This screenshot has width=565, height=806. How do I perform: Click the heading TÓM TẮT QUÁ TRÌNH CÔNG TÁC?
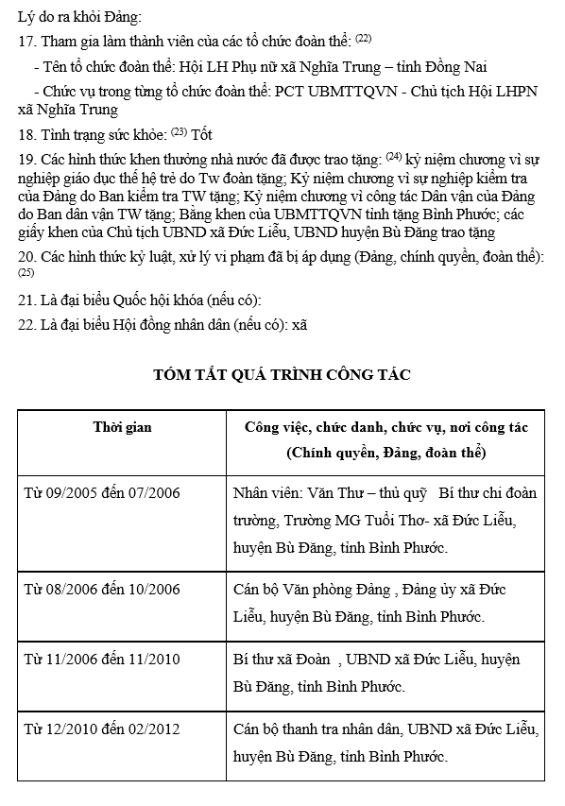pos(282,375)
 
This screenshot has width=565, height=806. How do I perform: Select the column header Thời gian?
pos(122,427)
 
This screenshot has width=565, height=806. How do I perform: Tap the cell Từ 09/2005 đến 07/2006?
pos(102,493)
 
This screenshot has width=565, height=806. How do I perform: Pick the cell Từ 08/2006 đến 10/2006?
pos(102,590)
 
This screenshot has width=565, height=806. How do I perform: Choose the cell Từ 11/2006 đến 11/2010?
pos(102,660)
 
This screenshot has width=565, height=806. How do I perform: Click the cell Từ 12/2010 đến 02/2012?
pos(102,729)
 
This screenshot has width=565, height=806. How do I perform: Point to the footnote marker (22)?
pos(364,37)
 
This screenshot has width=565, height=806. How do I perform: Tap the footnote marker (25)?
pos(26,273)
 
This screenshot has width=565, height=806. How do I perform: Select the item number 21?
pos(26,300)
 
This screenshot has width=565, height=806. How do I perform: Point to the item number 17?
pos(26,41)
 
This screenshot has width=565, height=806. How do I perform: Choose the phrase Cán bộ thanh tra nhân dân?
pos(317,729)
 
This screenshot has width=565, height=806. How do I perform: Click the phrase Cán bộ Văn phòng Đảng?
pos(312,590)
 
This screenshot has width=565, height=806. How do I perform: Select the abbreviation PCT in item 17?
pos(293,92)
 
